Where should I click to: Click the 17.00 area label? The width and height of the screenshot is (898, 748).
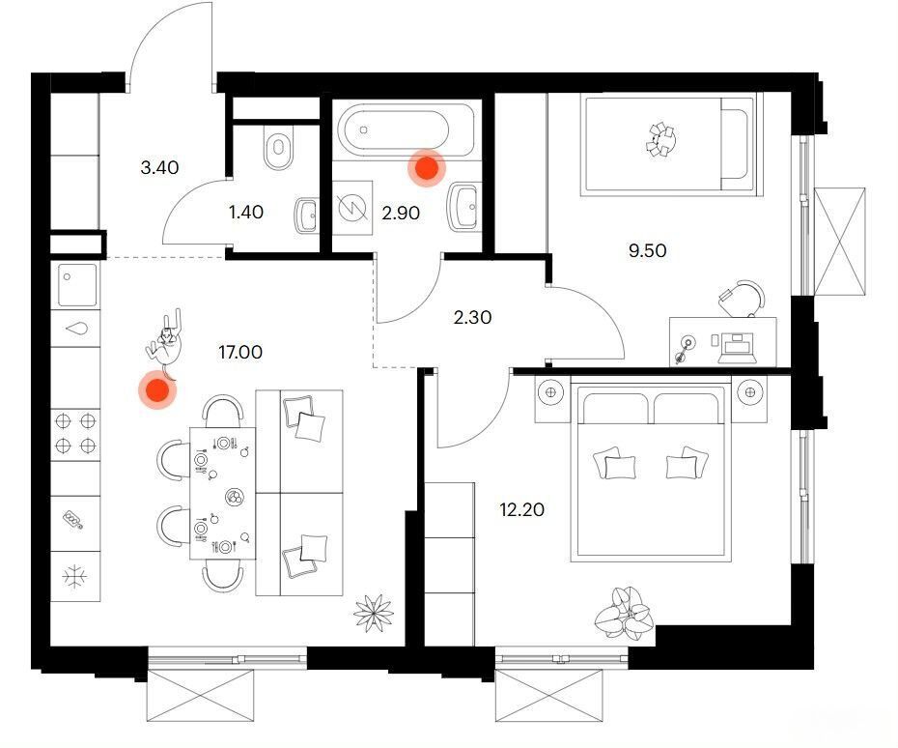pos(240,352)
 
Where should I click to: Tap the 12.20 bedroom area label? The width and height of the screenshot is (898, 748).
pos(521,509)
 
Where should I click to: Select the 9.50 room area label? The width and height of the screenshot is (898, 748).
pos(647,251)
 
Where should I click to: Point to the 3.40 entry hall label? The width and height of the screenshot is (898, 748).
pos(159,167)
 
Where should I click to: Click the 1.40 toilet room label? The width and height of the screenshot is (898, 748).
pos(245,212)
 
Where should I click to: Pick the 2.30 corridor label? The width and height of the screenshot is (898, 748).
pos(472,317)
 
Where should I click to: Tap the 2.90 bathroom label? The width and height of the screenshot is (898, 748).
pos(401,214)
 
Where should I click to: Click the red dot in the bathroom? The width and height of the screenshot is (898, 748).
pos(427,168)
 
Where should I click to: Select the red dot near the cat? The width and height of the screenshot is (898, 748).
pos(157,390)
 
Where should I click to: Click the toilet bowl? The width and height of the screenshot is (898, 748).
pos(279,147)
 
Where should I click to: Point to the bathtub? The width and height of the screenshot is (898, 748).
pos(407,131)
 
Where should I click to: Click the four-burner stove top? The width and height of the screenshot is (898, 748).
pos(75,434)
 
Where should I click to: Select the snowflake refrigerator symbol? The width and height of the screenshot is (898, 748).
pos(75,577)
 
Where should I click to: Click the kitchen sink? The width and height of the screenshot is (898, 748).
pos(76,285)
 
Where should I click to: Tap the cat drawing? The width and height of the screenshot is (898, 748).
pos(164,344)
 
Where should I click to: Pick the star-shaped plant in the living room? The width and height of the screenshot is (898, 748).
pos(374,614)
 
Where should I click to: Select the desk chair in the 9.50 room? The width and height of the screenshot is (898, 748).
pos(742,298)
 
